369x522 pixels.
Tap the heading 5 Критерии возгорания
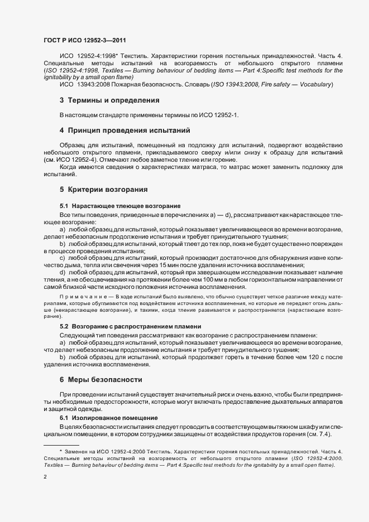pos(104,189)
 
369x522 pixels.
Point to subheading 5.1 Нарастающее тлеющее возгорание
pos(120,206)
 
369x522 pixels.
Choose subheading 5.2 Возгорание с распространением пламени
pos(131,326)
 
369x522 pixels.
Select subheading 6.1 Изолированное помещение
pos(104,418)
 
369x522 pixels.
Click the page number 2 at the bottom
pos(45,477)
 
